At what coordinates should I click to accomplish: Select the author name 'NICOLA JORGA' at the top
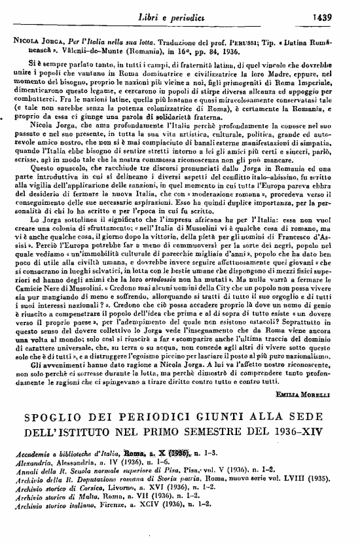point(32,40)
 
